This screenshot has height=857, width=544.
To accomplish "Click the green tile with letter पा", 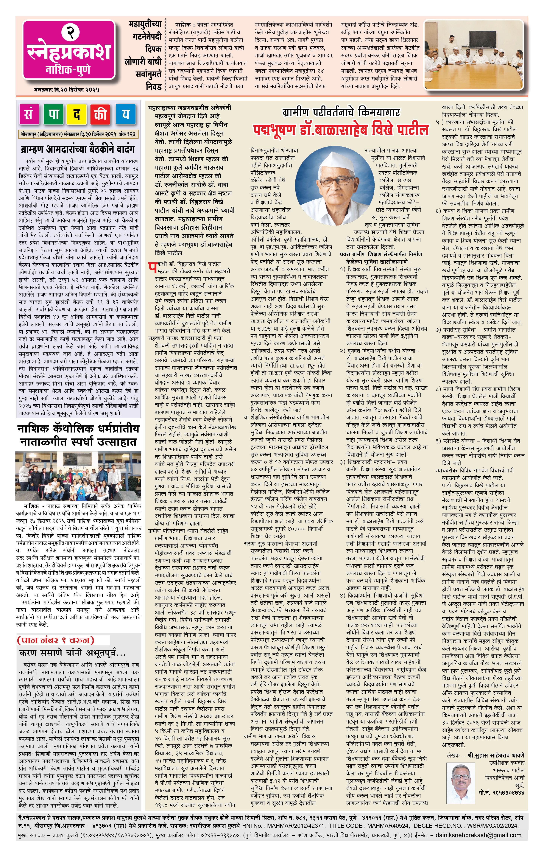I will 54,115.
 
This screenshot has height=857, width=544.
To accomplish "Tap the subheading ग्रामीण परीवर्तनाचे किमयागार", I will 341,112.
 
